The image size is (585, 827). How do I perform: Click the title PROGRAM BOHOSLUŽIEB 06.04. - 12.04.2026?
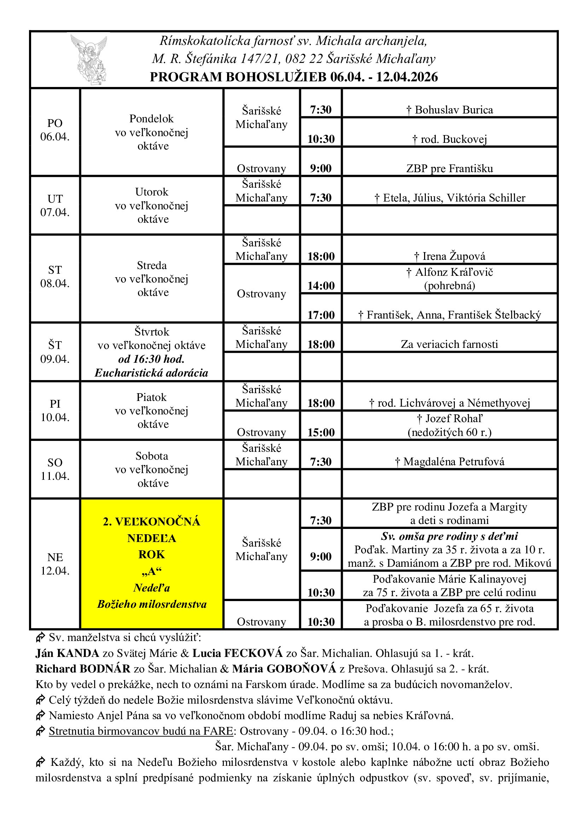[294, 77]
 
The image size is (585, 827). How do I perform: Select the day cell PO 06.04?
[55, 130]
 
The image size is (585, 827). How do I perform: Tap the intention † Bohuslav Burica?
[450, 110]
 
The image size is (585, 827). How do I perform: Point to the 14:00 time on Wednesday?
[320, 286]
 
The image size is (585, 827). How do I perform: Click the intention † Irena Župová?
[450, 256]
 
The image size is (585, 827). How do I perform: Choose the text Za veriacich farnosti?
[449, 344]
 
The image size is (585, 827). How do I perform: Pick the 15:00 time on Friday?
[320, 432]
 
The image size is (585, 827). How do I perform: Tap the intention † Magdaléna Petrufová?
[450, 462]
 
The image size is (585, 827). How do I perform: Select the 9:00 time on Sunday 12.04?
[320, 557]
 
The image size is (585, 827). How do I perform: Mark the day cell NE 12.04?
[55, 564]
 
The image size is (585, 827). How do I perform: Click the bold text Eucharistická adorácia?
[151, 373]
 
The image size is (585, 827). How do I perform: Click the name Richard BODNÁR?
[83, 669]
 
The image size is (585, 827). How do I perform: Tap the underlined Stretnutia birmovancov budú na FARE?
[141, 731]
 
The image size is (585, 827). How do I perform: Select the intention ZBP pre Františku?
[450, 169]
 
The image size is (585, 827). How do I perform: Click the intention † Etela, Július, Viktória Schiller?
[450, 198]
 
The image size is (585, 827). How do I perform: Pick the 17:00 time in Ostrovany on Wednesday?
[320, 315]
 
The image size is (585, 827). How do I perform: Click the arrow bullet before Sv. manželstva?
[40, 637]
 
